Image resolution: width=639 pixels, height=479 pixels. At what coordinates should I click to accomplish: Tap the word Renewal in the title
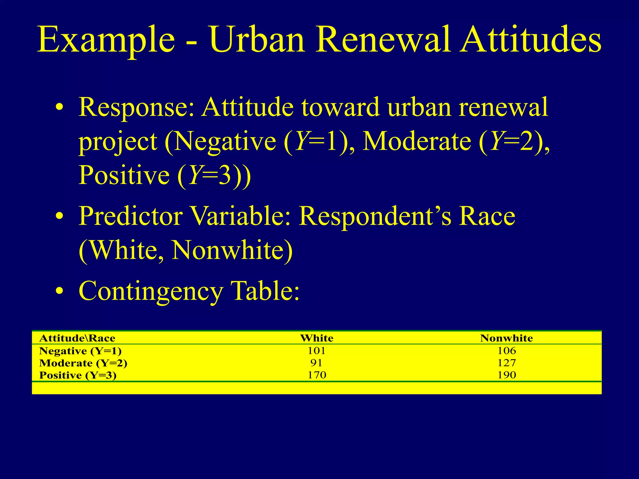(383, 40)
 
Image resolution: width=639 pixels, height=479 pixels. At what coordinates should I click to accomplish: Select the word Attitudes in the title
(531, 40)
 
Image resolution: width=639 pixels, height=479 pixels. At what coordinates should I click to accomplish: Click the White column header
(317, 338)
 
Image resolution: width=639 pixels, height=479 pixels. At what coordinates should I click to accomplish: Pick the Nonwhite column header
(506, 338)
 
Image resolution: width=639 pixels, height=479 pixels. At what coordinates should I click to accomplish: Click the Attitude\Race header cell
(77, 338)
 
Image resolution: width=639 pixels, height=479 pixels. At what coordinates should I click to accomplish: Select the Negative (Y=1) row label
(80, 351)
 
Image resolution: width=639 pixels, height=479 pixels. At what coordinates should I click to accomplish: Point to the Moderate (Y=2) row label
(83, 363)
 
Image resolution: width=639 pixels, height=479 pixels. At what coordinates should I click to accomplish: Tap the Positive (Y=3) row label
(78, 375)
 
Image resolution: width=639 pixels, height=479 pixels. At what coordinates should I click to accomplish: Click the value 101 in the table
(317, 351)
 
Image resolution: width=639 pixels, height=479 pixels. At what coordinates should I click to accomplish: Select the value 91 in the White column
(316, 363)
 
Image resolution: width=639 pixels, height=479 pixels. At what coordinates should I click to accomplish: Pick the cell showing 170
(317, 375)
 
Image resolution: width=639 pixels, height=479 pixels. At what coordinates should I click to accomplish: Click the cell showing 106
(507, 351)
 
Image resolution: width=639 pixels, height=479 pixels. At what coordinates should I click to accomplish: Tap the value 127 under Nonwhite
(507, 363)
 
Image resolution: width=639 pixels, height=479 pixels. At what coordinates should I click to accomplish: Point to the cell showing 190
(507, 375)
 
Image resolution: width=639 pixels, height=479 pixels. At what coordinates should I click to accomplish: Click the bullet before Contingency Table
(59, 291)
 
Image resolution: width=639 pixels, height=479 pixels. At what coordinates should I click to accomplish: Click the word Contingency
(151, 291)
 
